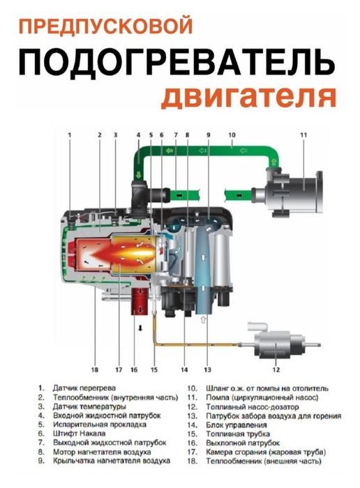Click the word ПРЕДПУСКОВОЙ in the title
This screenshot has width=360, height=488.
tap(105, 27)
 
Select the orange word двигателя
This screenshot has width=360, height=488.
tap(249, 96)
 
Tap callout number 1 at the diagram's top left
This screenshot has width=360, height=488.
tap(70, 133)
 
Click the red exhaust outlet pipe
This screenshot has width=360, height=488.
tap(142, 300)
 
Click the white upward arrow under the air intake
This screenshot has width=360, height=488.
tap(204, 319)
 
